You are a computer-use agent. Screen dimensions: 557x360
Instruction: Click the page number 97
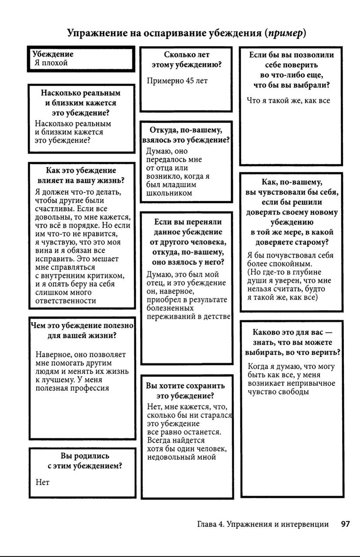tap(345, 524)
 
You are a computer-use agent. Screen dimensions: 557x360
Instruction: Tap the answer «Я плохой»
tap(51, 63)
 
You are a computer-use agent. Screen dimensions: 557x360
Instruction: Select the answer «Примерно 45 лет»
tap(177, 81)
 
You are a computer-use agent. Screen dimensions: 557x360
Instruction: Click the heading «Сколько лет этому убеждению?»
tap(186, 60)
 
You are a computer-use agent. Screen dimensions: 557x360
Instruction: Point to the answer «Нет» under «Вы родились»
tap(43, 482)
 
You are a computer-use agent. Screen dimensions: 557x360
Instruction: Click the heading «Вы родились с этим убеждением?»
tap(84, 461)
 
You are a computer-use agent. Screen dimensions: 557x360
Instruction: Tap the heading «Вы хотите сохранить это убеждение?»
tap(185, 391)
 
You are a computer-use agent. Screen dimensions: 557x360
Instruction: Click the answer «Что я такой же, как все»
tap(288, 101)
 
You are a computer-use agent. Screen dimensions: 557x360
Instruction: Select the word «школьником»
tap(169, 193)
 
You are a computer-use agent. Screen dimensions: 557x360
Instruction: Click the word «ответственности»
tap(66, 301)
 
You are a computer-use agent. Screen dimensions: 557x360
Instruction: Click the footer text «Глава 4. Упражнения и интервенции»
tap(262, 524)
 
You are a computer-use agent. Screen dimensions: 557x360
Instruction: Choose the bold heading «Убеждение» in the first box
tap(53, 54)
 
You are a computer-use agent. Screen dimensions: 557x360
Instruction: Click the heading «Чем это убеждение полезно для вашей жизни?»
tap(82, 331)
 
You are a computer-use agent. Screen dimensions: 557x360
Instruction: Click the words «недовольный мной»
tap(182, 457)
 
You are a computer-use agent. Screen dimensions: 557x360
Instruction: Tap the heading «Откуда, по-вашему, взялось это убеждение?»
tap(186, 135)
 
